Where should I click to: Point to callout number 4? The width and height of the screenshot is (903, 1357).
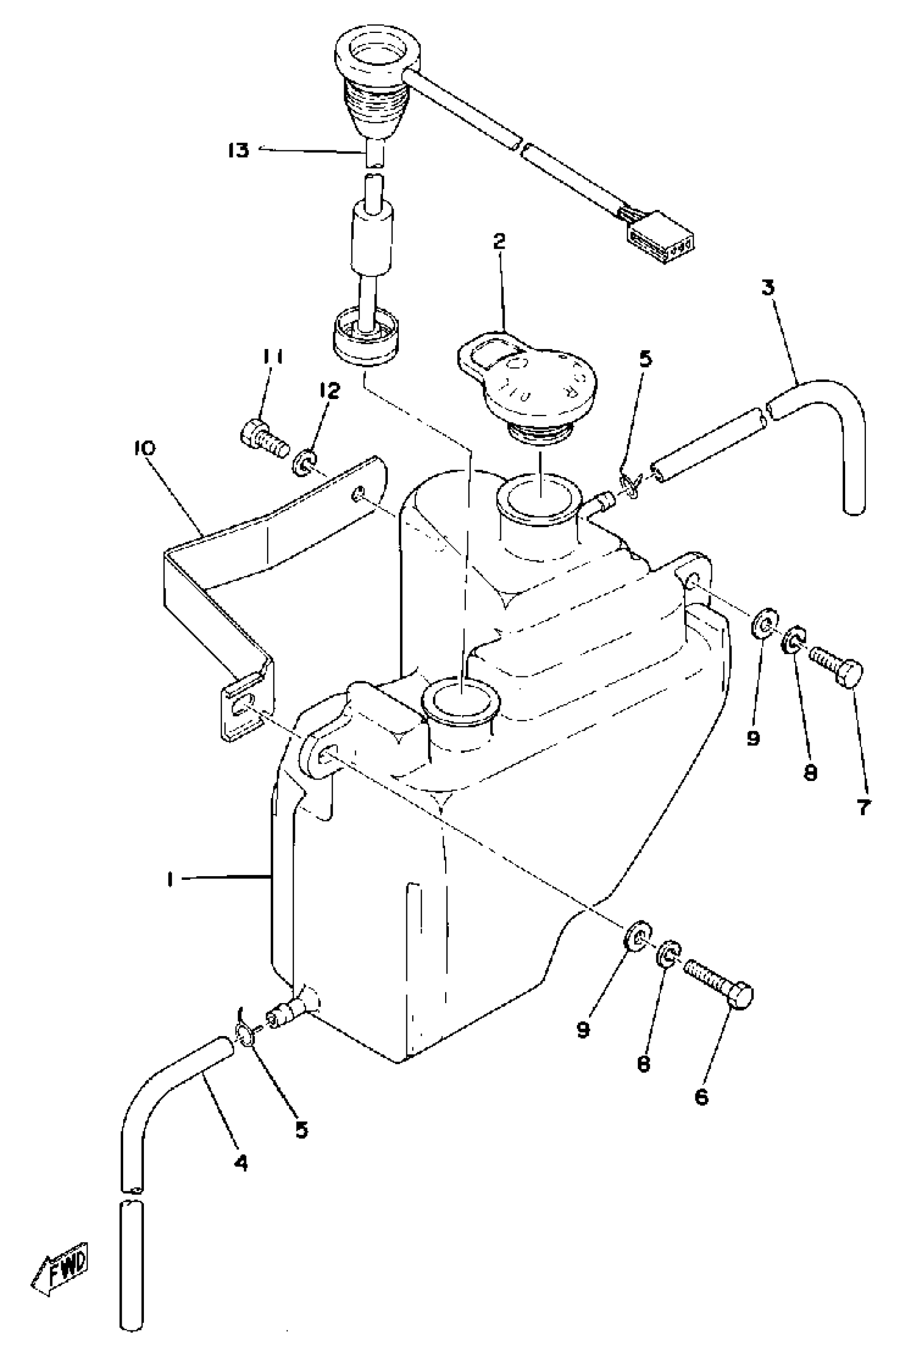(x=241, y=1164)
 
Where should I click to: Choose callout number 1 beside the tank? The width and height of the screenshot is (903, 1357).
(x=170, y=879)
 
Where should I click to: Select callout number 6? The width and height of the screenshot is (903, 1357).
(x=701, y=1097)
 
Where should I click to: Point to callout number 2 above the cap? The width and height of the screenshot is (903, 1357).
(x=499, y=242)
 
